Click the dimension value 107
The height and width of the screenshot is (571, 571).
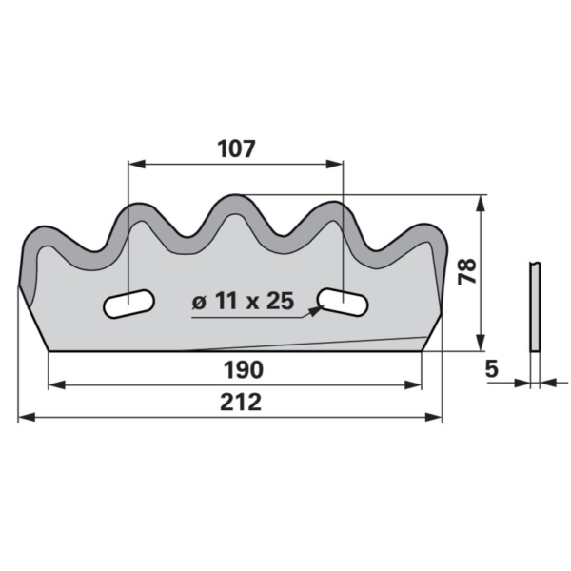click(236, 148)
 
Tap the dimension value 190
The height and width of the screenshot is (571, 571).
click(244, 369)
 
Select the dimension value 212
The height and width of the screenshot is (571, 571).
click(241, 402)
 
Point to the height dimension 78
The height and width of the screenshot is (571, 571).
click(467, 271)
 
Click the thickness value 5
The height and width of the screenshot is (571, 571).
click(492, 369)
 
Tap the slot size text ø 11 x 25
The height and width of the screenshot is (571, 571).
click(243, 301)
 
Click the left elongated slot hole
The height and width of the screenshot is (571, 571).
click(128, 305)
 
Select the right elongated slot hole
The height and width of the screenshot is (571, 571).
click(343, 302)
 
